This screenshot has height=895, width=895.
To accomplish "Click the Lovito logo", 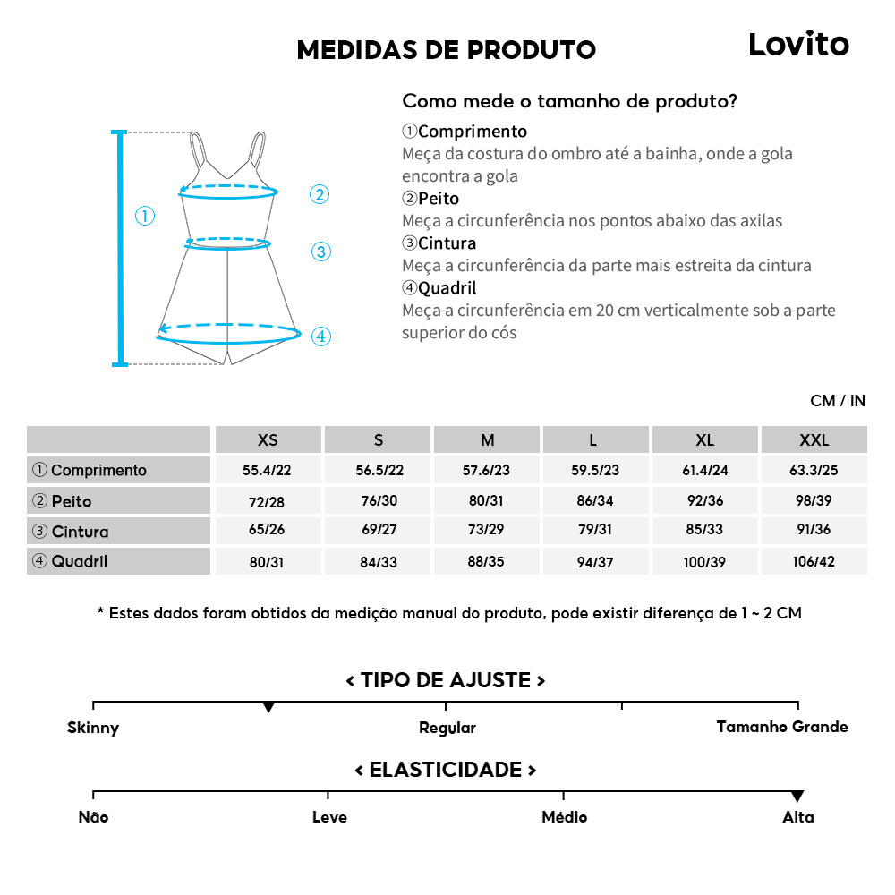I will [x=798, y=44].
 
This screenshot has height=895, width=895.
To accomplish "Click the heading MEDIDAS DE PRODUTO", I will [x=446, y=50].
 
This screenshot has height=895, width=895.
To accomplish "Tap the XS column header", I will [x=268, y=439].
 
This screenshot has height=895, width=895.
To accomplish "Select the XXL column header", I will [x=814, y=439].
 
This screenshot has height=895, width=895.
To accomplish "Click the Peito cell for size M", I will [x=487, y=500].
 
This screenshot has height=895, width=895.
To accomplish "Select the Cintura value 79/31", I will [x=594, y=530].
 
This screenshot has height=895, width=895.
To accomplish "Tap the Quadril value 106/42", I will [x=814, y=561].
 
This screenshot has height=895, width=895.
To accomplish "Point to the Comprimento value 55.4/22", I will [x=268, y=470].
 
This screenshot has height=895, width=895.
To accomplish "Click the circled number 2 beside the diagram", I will [x=320, y=194].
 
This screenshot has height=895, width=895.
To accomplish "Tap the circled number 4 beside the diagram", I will [x=321, y=337].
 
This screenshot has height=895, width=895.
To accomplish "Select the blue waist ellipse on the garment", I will [x=227, y=243].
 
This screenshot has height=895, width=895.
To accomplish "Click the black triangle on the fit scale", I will [x=268, y=707].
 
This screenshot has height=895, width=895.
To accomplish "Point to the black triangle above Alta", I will [x=797, y=797].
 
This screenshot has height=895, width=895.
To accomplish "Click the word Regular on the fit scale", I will [x=447, y=728].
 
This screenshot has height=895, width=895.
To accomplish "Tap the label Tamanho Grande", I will [x=782, y=727].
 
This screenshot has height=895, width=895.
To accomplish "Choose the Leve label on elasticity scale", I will [x=329, y=816].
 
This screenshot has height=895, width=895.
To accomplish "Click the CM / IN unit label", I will [x=838, y=400].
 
